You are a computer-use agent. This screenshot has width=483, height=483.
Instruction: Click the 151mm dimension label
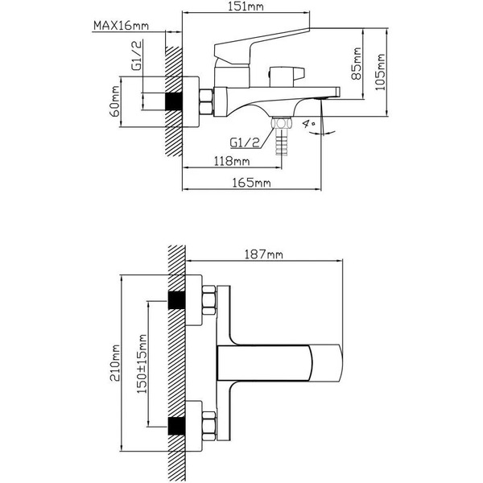[246, 6]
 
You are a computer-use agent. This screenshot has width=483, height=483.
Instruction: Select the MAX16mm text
[121, 25]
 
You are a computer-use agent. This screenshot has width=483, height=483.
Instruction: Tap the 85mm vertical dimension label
[357, 63]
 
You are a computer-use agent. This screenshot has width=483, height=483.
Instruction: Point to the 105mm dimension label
[380, 72]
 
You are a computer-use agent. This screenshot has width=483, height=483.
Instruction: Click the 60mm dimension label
[114, 101]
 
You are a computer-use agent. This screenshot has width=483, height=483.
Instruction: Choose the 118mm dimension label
[232, 161]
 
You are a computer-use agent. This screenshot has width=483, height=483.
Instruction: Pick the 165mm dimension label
[251, 183]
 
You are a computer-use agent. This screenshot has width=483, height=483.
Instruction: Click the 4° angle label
[308, 124]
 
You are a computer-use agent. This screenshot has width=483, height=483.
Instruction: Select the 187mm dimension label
[264, 254]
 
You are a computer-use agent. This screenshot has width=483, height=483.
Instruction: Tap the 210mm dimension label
[115, 363]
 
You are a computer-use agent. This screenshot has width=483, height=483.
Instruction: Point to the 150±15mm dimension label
[142, 364]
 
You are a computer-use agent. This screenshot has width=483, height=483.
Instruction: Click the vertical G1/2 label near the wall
[138, 55]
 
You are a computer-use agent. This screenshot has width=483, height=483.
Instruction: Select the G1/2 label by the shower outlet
[245, 142]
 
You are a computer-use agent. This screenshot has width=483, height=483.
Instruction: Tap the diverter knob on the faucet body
[287, 76]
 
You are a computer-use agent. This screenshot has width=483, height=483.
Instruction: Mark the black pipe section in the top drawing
[174, 101]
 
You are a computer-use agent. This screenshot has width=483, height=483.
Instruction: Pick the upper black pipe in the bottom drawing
[176, 299]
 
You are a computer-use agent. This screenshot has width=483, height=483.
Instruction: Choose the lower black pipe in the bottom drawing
[176, 426]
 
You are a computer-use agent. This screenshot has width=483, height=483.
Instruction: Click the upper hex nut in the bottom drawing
[208, 300]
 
